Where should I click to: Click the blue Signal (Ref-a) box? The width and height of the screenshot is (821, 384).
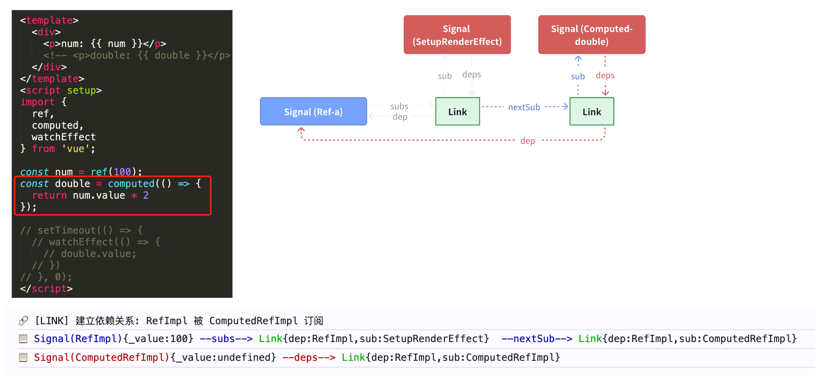[x=313, y=111]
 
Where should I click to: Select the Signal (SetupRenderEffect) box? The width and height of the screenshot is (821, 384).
[x=457, y=35]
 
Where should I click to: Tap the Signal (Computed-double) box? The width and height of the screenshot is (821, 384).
[x=591, y=35]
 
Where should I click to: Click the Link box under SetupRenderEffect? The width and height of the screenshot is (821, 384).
[x=457, y=111]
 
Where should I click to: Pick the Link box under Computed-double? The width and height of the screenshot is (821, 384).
[x=591, y=111]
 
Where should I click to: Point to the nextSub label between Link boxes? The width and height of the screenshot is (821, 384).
[x=524, y=107]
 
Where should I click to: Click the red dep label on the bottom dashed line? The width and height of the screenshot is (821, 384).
[x=527, y=141]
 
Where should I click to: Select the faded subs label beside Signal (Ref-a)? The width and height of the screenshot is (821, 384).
[x=399, y=106]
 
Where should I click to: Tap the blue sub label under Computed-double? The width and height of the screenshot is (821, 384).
[x=577, y=76]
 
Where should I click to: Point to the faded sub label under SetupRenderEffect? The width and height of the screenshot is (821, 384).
[x=445, y=76]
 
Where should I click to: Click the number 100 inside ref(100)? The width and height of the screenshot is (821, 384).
[x=122, y=172]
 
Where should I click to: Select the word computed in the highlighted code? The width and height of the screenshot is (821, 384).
[x=131, y=184]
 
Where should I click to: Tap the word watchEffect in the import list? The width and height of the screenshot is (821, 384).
[x=64, y=137]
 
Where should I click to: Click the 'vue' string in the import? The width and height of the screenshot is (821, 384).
[x=75, y=149]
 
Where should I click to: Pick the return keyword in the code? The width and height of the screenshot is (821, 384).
[x=49, y=195]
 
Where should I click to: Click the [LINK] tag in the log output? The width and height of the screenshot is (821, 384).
[x=51, y=321]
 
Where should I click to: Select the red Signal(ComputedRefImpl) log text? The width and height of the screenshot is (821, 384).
[x=102, y=357]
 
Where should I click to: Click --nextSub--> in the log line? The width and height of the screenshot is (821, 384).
[x=536, y=338]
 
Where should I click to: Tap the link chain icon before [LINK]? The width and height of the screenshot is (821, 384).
[x=23, y=320]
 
